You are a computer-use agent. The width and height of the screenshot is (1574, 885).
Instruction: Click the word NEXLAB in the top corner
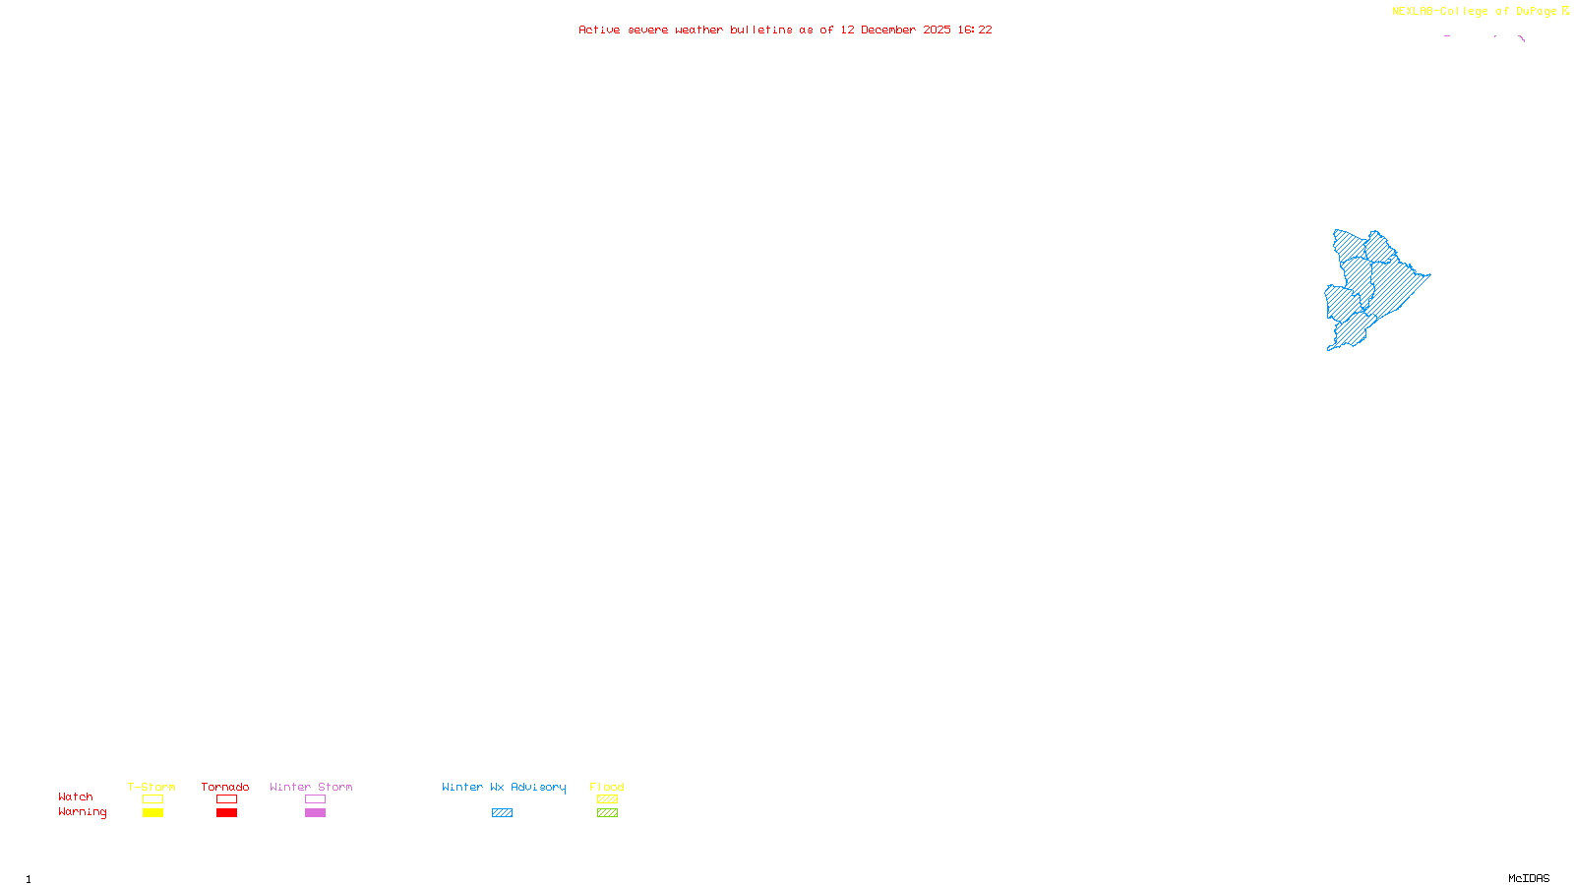click(1413, 12)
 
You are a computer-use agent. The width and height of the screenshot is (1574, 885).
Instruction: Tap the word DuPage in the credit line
click(1536, 12)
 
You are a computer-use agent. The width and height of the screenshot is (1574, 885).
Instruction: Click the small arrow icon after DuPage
click(1565, 11)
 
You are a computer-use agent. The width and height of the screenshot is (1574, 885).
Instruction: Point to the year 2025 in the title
click(937, 29)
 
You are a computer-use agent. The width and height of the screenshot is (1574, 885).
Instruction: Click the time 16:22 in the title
click(975, 29)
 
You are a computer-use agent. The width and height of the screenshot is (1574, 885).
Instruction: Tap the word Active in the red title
click(599, 29)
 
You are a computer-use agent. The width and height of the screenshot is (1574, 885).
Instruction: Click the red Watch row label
click(76, 796)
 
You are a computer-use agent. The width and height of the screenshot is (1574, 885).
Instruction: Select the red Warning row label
click(82, 812)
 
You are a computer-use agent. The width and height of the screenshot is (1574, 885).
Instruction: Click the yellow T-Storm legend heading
click(151, 787)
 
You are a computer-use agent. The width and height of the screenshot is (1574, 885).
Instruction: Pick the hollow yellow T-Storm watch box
click(152, 799)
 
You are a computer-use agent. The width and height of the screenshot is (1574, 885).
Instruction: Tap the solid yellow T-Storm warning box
click(152, 813)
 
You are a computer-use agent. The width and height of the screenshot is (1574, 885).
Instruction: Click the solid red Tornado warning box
click(226, 813)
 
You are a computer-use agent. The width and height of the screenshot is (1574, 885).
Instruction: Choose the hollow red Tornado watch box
click(226, 799)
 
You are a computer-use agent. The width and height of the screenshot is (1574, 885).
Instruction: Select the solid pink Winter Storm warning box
click(315, 813)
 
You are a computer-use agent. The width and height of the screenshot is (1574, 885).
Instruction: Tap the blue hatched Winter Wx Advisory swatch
click(502, 813)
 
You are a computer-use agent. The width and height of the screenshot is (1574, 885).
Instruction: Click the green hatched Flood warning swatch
click(607, 813)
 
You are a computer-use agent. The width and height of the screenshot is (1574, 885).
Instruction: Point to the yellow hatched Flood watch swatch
click(607, 799)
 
